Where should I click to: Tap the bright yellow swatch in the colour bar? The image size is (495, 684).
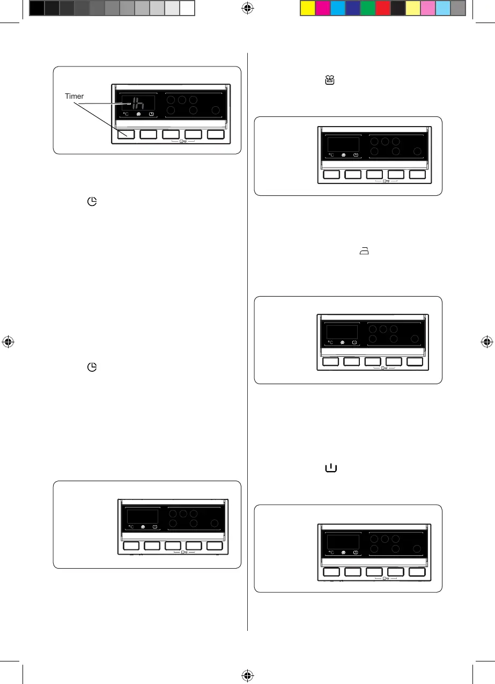point(307,8)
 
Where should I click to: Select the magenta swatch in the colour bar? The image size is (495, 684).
point(322,8)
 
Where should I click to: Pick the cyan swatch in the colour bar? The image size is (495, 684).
point(337,8)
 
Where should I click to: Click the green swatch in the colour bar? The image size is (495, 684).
point(367,8)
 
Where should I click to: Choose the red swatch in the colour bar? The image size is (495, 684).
point(382,8)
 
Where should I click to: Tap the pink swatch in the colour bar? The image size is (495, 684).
point(427,8)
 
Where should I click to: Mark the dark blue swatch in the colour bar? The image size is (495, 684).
point(352,8)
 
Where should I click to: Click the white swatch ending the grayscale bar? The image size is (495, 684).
point(187,8)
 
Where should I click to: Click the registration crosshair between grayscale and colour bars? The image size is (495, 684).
point(247,8)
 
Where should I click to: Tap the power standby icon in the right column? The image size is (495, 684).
point(330,468)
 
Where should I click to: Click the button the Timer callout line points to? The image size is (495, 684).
point(126,135)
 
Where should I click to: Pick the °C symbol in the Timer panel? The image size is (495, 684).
point(125,114)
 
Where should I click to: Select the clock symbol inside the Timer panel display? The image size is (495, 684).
point(153,114)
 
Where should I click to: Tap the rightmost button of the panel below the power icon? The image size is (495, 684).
point(417,572)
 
